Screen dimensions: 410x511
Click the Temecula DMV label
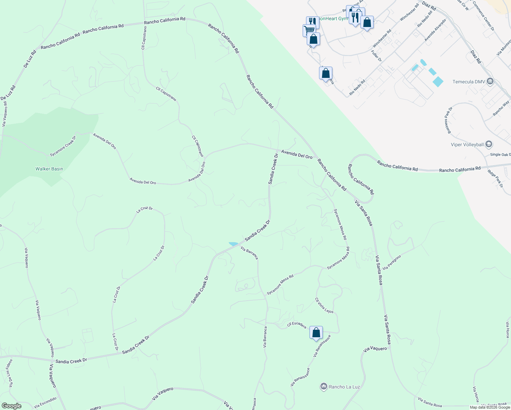click(x=468, y=82)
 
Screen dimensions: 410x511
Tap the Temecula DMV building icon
click(x=490, y=81)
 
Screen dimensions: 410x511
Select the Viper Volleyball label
click(x=467, y=145)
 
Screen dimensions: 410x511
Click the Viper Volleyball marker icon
click(x=489, y=144)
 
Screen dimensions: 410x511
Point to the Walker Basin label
click(x=49, y=169)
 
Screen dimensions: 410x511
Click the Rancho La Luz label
click(x=344, y=387)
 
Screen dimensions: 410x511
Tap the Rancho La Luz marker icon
click(x=323, y=386)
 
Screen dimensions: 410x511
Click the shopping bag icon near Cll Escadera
click(x=316, y=332)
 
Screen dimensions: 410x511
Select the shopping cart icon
click(x=309, y=30)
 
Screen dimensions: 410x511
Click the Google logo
click(x=11, y=406)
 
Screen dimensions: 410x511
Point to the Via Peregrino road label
click(x=392, y=262)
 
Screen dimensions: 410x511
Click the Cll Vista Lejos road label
click(x=324, y=305)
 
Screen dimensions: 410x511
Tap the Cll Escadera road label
click(x=296, y=325)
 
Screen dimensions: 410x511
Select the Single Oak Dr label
click(x=500, y=155)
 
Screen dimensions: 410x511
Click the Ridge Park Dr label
click(x=495, y=179)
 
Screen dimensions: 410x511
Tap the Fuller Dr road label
click(x=376, y=56)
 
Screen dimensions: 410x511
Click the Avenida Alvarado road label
click(x=435, y=30)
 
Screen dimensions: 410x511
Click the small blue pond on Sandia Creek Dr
click(x=234, y=244)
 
